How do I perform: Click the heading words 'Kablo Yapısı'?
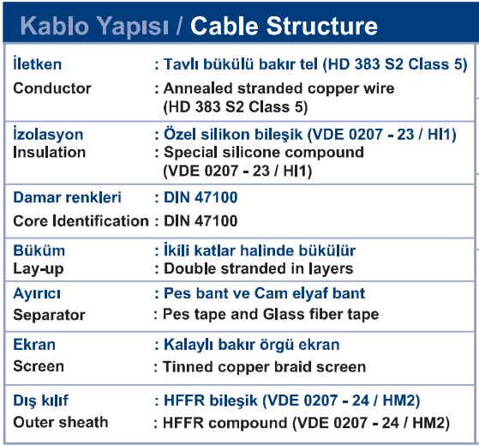[x=94, y=27]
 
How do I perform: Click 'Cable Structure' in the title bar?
[x=284, y=26]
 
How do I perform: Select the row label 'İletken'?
[x=37, y=63]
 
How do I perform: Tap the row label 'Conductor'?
[x=52, y=88]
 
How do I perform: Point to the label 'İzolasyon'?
[x=48, y=134]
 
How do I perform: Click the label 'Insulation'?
[x=49, y=152]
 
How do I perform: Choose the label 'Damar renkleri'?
[x=67, y=197]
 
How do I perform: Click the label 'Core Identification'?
[x=81, y=220]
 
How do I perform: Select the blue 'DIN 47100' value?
[x=201, y=197]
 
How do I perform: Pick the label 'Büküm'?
[x=39, y=250]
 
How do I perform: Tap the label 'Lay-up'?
[x=39, y=269]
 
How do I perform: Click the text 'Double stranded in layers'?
[x=259, y=268]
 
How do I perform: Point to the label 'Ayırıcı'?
[x=37, y=294]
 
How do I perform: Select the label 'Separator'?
[x=49, y=315]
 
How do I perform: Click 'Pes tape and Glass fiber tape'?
[x=271, y=314]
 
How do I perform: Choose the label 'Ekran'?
[x=34, y=345]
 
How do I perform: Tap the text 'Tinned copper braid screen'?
[x=264, y=367]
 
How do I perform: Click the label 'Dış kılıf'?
[x=41, y=401]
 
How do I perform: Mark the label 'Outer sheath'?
[x=61, y=422]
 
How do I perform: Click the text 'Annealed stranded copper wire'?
[x=278, y=88]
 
